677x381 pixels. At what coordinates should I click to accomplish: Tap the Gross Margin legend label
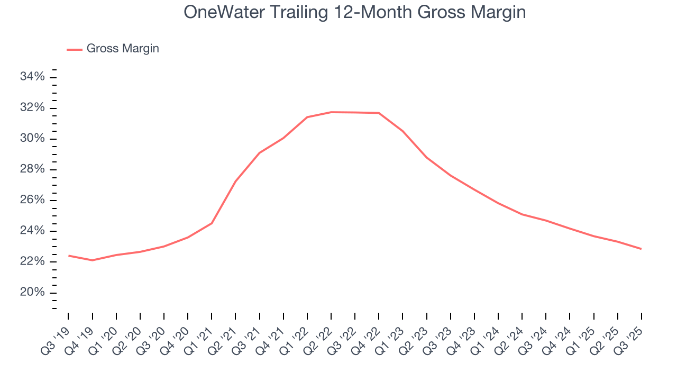(x=123, y=49)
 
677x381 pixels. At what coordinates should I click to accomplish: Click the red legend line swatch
(x=75, y=49)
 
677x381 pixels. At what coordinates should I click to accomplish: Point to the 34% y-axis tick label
(x=32, y=77)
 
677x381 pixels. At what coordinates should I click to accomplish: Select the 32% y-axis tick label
(x=32, y=108)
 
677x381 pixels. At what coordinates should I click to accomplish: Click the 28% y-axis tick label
(x=32, y=169)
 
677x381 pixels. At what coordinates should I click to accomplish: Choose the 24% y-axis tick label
(x=32, y=231)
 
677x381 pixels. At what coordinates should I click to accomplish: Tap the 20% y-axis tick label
(x=32, y=293)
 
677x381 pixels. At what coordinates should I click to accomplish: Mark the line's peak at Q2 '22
(x=331, y=112)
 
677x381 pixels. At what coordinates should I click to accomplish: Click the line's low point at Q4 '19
(x=93, y=260)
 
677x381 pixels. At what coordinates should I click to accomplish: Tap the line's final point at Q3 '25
(x=641, y=249)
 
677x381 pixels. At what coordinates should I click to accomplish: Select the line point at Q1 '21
(x=212, y=223)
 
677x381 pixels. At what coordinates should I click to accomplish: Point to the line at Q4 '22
(x=379, y=113)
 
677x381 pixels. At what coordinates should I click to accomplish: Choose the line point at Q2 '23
(x=426, y=157)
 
